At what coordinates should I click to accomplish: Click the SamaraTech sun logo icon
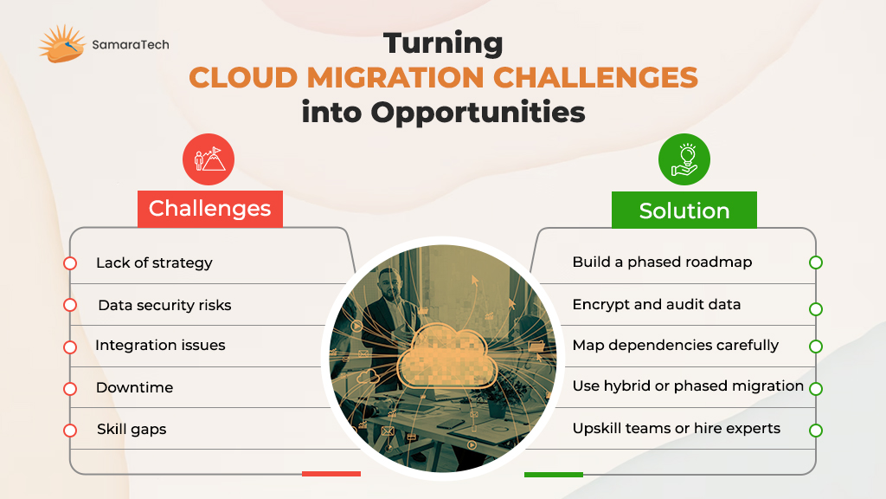pos(61,43)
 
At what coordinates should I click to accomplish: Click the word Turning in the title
pos(443,43)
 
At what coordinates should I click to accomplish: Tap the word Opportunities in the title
pos(478,112)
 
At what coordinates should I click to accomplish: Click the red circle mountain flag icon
pos(209,159)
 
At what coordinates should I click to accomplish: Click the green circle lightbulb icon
pos(684,159)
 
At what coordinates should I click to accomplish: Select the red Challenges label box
pos(210,209)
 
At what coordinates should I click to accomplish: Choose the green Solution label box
pos(684,210)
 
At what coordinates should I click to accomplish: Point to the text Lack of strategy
pos(154,263)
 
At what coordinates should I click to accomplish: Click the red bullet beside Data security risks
pos(70,306)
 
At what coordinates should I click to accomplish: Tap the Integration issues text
pos(160,345)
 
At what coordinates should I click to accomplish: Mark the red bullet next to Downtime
pos(70,389)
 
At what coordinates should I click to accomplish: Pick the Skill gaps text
pos(132,430)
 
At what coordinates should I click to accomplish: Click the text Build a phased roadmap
pos(662,262)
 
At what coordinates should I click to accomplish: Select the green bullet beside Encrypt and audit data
pos(815,309)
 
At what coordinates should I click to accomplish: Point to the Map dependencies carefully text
pos(676,345)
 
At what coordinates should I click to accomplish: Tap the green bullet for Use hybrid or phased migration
pos(815,389)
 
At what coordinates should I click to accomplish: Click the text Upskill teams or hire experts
pos(677,428)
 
